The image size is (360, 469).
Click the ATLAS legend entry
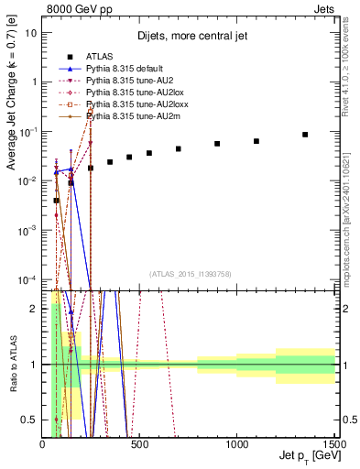coord(99,58)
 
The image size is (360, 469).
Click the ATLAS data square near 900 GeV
coord(217,144)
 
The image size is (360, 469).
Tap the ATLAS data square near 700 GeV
coord(179,148)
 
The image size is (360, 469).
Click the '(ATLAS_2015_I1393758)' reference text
coord(189,274)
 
